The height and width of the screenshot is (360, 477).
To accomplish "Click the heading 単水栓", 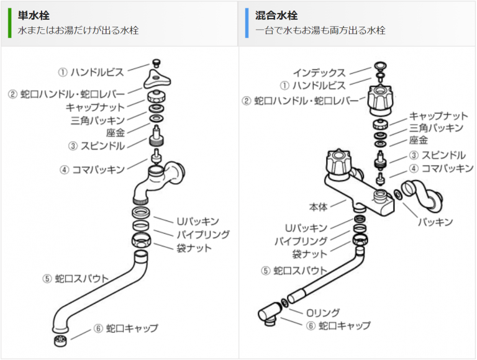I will click(x=34, y=14).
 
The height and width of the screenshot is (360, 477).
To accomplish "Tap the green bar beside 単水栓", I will click(x=9, y=22).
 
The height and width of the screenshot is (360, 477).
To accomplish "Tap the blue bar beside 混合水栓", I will click(x=247, y=22).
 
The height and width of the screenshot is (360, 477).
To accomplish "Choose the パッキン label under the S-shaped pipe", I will click(x=434, y=222).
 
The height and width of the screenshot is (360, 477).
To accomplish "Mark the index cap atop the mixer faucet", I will click(x=381, y=66).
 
